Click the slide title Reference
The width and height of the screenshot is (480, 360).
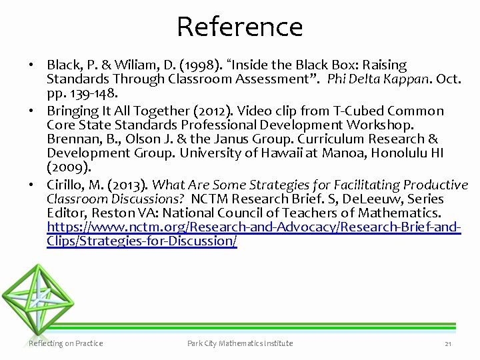[240, 27]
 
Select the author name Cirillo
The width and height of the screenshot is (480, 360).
[67, 185]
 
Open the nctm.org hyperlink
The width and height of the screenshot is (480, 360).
[253, 227]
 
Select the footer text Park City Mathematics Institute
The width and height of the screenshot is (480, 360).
[240, 343]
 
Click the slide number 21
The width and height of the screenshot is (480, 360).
[448, 344]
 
